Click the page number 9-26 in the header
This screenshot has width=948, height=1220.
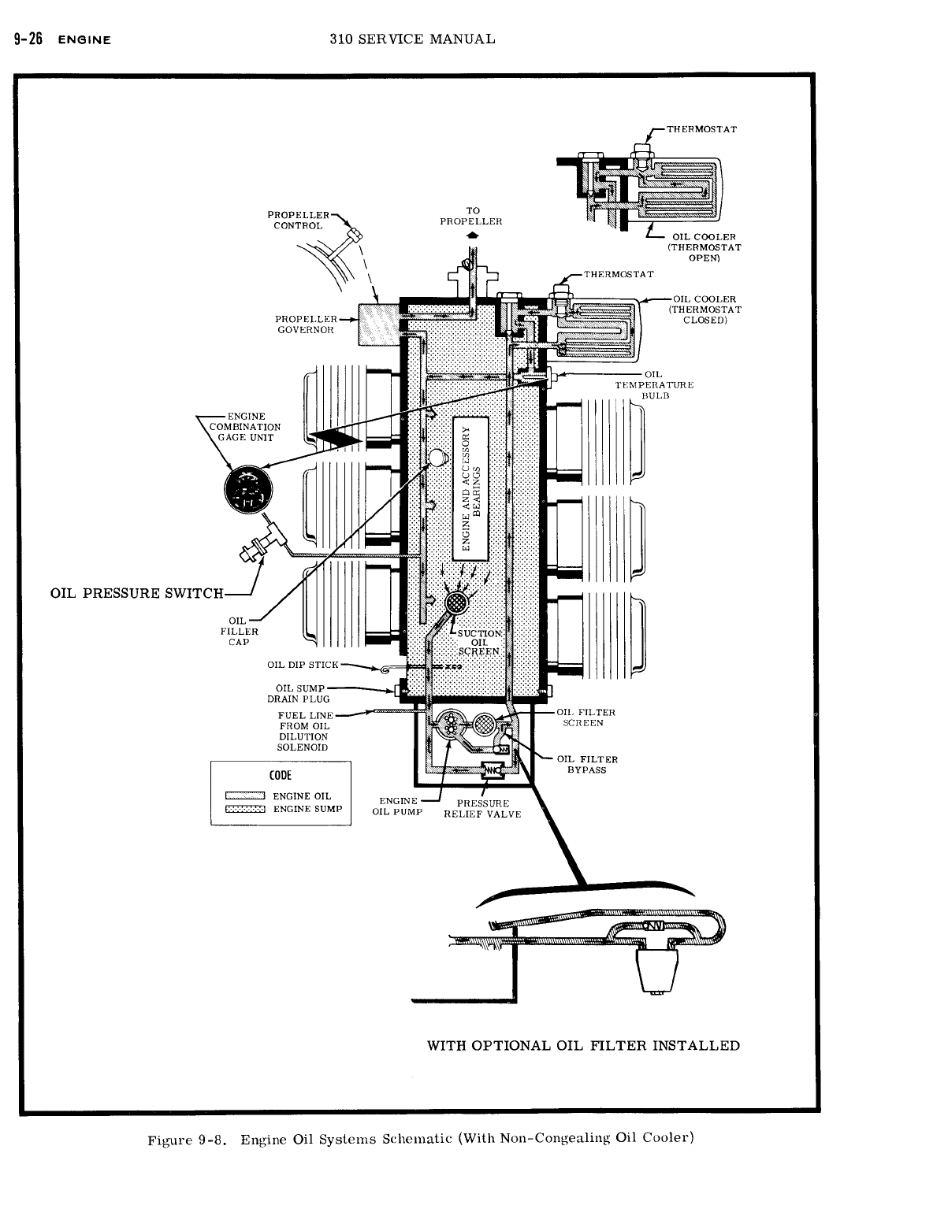(x=25, y=39)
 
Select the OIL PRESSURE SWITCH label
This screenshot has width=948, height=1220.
(x=137, y=593)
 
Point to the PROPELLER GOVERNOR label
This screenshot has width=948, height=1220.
(x=305, y=324)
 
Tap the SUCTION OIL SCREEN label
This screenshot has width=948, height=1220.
(x=479, y=642)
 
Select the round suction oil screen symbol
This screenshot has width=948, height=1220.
(x=455, y=604)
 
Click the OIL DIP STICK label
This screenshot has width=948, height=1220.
(x=303, y=665)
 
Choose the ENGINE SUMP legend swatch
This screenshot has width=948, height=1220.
(x=244, y=809)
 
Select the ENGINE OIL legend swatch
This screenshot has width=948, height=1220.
(x=244, y=796)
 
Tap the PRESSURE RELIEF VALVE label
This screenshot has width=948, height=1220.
(x=482, y=808)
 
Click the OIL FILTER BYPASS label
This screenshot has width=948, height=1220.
(x=587, y=764)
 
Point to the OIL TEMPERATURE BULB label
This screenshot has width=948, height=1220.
(x=654, y=384)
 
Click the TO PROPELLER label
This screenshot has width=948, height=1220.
(x=471, y=216)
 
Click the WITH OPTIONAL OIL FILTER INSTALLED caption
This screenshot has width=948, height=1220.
(x=583, y=1046)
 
